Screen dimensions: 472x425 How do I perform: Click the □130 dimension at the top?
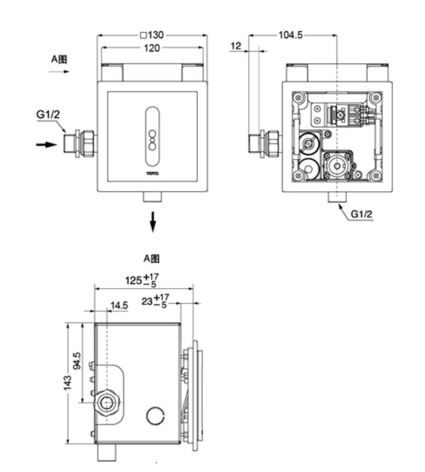pyautogui.click(x=152, y=35)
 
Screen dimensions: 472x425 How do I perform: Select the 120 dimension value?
pyautogui.click(x=152, y=48)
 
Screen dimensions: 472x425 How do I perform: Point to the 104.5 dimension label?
pyautogui.click(x=290, y=35)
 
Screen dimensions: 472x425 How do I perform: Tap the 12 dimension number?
pyautogui.click(x=235, y=45)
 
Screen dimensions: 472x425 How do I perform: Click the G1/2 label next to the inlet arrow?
pyautogui.click(x=48, y=114)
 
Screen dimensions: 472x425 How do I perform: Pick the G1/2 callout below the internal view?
pyautogui.click(x=361, y=214)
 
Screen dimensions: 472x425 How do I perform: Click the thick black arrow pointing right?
pyautogui.click(x=46, y=144)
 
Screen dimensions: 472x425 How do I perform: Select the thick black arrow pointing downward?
pyautogui.click(x=152, y=221)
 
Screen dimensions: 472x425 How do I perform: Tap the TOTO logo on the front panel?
pyautogui.click(x=152, y=173)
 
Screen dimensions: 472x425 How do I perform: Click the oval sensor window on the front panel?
pyautogui.click(x=152, y=136)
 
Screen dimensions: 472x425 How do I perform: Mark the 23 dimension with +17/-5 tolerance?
pyautogui.click(x=154, y=301)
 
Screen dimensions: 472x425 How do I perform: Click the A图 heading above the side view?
pyautogui.click(x=152, y=257)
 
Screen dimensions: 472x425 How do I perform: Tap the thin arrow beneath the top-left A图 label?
pyautogui.click(x=59, y=72)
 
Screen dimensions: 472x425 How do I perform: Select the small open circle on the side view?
pyautogui.click(x=156, y=415)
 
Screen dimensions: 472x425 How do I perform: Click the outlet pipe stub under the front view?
pyautogui.click(x=152, y=197)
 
